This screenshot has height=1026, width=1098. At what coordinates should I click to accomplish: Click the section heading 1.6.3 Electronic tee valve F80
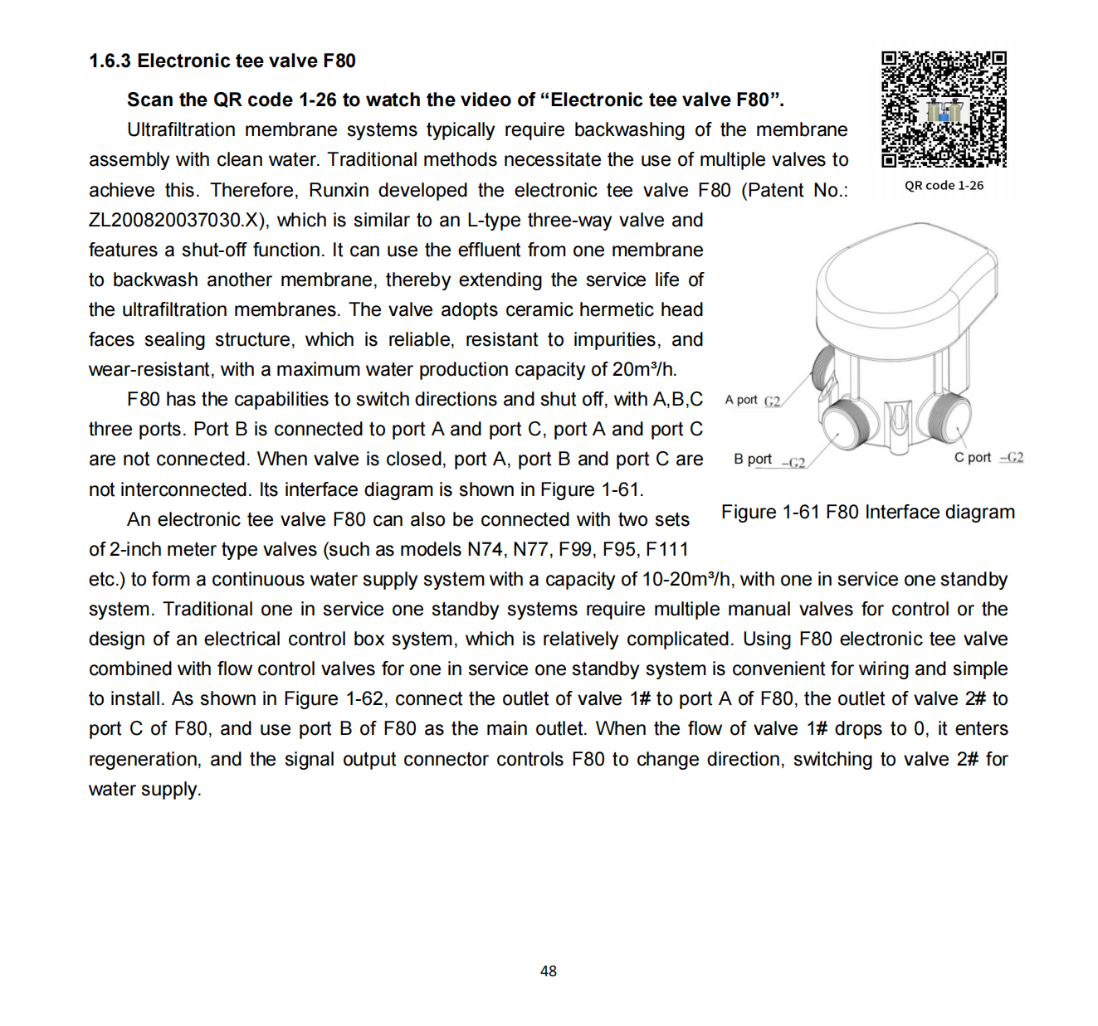222,61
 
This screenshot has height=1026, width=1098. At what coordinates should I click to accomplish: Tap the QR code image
944,109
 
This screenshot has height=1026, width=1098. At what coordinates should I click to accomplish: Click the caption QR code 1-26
944,186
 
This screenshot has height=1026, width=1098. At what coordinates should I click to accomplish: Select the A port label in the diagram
741,400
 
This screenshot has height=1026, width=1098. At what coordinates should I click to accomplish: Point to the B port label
753,459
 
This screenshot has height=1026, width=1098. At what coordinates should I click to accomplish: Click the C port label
973,457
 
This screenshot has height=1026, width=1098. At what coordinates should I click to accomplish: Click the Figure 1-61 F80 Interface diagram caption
867,512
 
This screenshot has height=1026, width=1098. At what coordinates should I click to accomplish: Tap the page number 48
549,970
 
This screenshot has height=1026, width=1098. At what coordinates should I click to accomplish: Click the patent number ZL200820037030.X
178,220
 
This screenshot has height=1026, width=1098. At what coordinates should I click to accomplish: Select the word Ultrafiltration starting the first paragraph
181,129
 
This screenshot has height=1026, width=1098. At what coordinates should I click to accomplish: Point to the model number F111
666,549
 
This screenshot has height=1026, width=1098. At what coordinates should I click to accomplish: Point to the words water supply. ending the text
145,789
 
